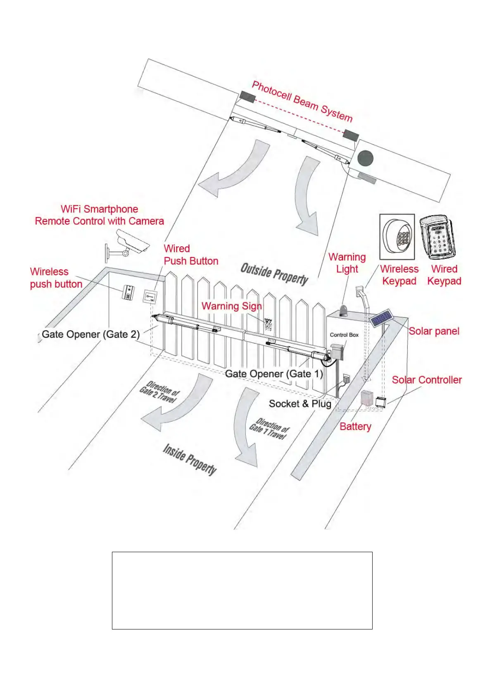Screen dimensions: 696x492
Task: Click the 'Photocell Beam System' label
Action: [x=302, y=101]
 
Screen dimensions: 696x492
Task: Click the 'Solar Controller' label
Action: [x=426, y=380]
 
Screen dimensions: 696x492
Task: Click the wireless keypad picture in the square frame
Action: [x=397, y=237]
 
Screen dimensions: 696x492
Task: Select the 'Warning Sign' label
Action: [x=231, y=306]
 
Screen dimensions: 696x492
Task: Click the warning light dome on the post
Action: [x=343, y=311]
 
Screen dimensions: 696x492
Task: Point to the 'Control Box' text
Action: [x=344, y=335]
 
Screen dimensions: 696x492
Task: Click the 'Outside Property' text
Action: [x=274, y=274]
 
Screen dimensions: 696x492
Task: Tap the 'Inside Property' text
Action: [x=190, y=459]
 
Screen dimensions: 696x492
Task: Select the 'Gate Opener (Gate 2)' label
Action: [x=90, y=334]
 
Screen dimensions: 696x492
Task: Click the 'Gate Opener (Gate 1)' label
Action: [x=273, y=374]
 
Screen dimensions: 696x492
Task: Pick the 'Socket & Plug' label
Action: [x=300, y=404]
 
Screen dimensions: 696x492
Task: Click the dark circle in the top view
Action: [x=365, y=158]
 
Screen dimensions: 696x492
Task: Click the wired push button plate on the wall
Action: [x=150, y=297]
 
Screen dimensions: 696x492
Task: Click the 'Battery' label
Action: [x=355, y=427]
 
